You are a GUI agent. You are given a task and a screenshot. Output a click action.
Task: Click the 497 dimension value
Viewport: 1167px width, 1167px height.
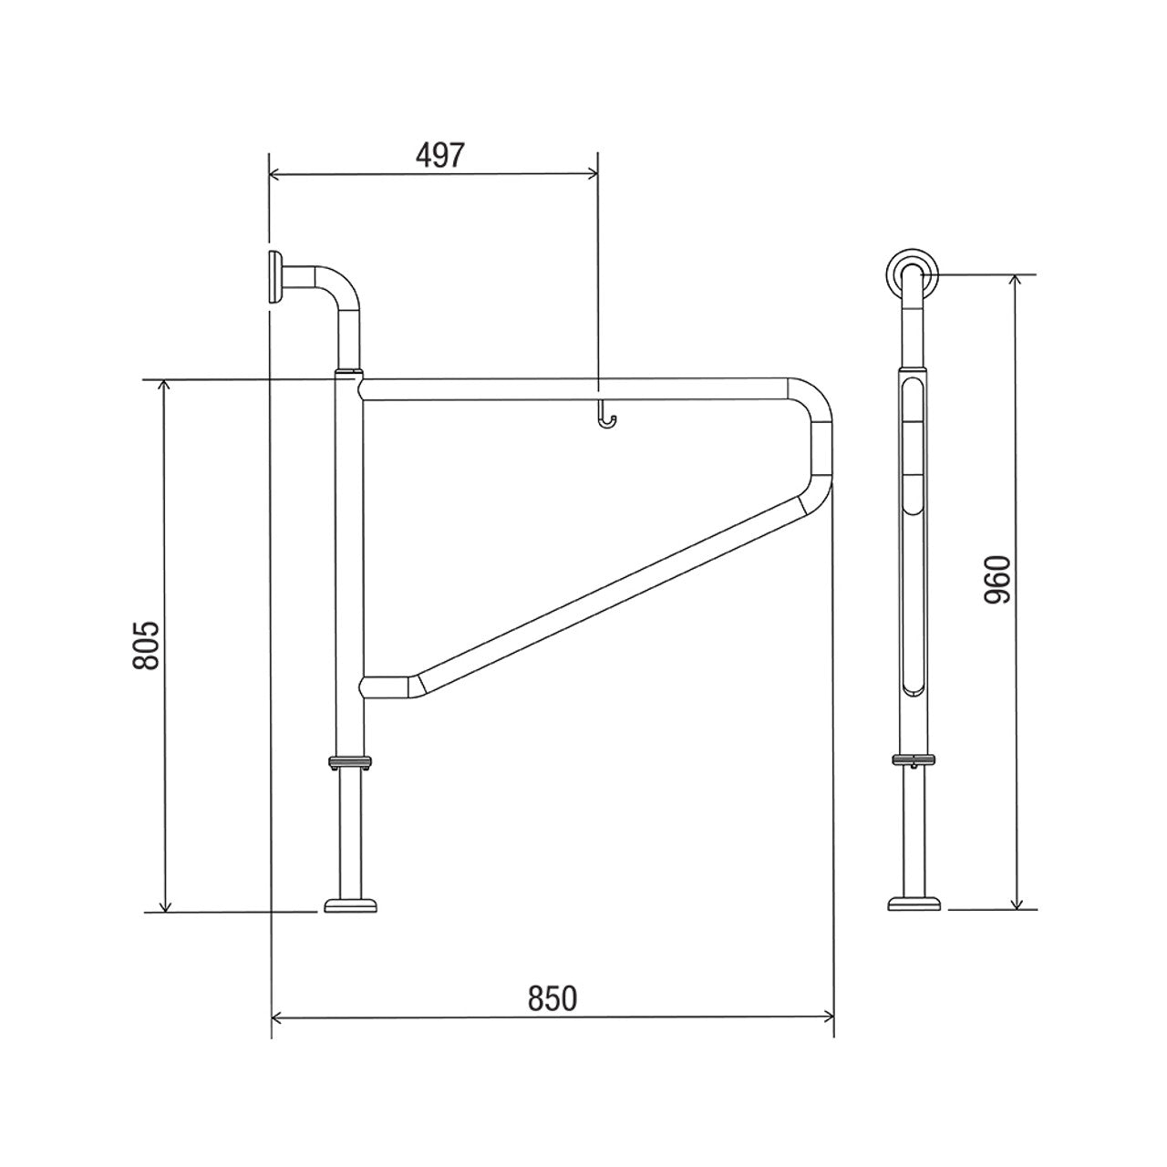440,156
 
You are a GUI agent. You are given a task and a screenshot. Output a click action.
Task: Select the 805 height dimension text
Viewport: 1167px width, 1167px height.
146,645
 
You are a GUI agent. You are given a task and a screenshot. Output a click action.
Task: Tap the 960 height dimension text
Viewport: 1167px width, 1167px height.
998,580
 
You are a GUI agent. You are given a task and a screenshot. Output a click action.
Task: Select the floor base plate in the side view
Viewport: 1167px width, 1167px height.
915,904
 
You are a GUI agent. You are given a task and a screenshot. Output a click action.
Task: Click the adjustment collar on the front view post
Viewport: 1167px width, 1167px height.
350,762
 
